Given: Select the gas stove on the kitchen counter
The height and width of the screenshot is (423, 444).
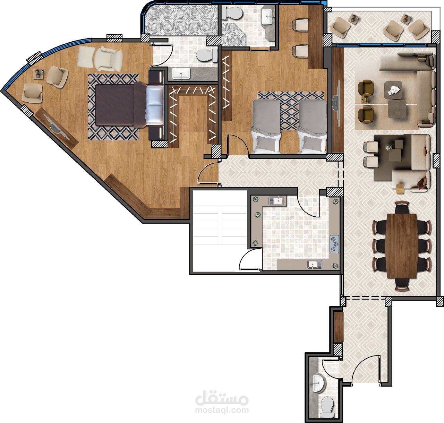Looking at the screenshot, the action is click(334, 244).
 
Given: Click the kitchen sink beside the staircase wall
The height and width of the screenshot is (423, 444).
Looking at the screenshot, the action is click(277, 200).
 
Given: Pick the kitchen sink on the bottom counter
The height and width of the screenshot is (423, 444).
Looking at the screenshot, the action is click(315, 264).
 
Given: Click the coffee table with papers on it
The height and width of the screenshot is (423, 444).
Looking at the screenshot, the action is click(393, 90).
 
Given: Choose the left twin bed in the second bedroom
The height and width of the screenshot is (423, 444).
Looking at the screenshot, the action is click(266, 127).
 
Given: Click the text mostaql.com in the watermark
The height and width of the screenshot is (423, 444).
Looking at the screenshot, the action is click(222, 410).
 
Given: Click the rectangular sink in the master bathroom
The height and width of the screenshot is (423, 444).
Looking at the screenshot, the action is click(181, 74).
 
